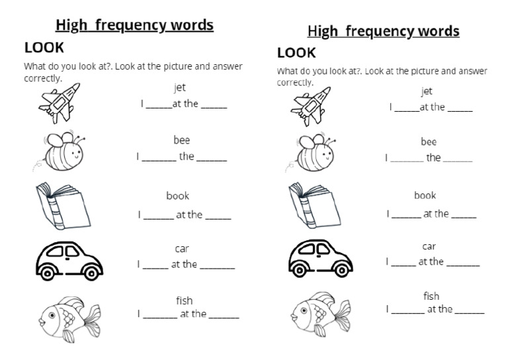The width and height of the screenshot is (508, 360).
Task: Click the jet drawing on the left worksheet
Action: (x=59, y=102)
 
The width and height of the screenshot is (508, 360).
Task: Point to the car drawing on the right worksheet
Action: (x=319, y=255)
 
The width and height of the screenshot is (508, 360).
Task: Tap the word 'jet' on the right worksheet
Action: (x=427, y=91)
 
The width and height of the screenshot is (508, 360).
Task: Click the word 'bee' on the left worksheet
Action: (x=181, y=140)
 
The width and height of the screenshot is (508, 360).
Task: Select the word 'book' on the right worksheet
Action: (x=425, y=195)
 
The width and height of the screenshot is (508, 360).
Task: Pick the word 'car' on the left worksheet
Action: (x=182, y=249)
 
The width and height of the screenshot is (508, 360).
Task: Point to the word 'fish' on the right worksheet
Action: (x=431, y=296)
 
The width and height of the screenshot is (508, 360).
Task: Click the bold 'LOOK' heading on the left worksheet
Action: (x=44, y=48)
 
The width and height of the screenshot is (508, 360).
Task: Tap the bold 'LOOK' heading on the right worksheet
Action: (x=296, y=53)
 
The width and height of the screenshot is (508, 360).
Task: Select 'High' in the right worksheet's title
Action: (x=323, y=31)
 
